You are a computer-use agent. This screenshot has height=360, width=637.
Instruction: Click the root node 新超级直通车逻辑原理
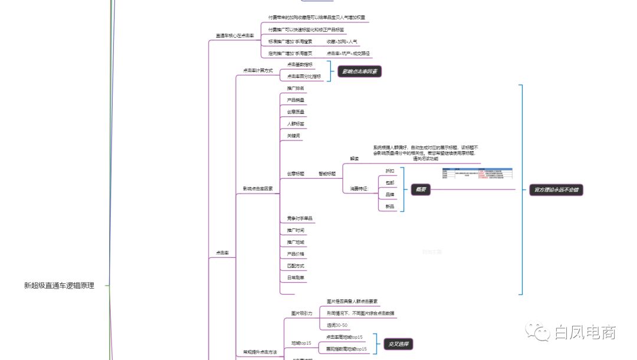[58, 286]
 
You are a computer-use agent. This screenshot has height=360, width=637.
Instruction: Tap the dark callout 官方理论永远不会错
[552, 190]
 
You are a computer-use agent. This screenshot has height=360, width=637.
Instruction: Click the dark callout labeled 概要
[421, 190]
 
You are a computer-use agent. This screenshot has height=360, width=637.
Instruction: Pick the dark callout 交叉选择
[399, 343]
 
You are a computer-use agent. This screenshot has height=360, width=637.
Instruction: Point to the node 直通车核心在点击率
[235, 36]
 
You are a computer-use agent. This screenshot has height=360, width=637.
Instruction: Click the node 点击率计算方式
[258, 70]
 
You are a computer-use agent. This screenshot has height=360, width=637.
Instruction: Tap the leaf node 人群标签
[295, 124]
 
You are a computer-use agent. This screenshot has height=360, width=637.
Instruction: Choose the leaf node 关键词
[293, 136]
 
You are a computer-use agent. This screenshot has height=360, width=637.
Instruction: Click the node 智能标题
[327, 174]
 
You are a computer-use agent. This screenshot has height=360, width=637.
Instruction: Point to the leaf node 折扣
[390, 171]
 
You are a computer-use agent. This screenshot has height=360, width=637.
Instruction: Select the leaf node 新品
[390, 207]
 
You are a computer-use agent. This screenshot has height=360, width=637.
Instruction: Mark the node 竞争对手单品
[300, 218]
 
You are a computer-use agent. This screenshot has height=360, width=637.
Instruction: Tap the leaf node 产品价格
[295, 254]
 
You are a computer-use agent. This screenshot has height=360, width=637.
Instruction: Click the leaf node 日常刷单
[295, 277]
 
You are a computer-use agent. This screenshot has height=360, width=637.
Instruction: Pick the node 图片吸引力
[301, 313]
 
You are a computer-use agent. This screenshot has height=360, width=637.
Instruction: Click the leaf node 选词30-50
[337, 325]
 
